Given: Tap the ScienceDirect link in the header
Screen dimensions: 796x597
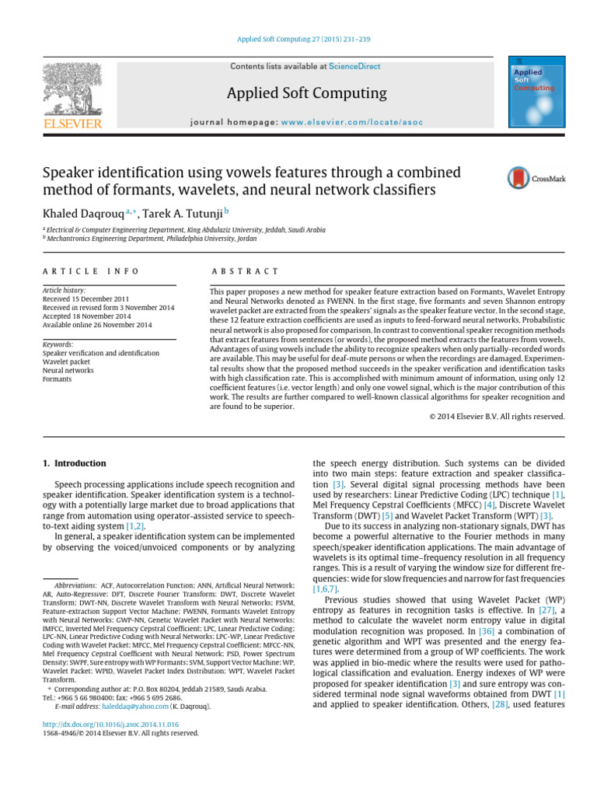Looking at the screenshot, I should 354,67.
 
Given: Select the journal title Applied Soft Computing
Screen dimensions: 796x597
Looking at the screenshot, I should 306,94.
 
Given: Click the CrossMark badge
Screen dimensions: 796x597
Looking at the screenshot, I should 536,179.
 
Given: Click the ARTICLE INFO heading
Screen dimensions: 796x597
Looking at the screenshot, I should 90,271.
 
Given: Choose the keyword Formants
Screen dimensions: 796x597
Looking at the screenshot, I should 58,379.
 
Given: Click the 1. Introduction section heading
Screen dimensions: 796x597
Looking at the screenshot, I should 75,463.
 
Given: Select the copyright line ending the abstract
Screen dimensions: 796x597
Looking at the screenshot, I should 497,416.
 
